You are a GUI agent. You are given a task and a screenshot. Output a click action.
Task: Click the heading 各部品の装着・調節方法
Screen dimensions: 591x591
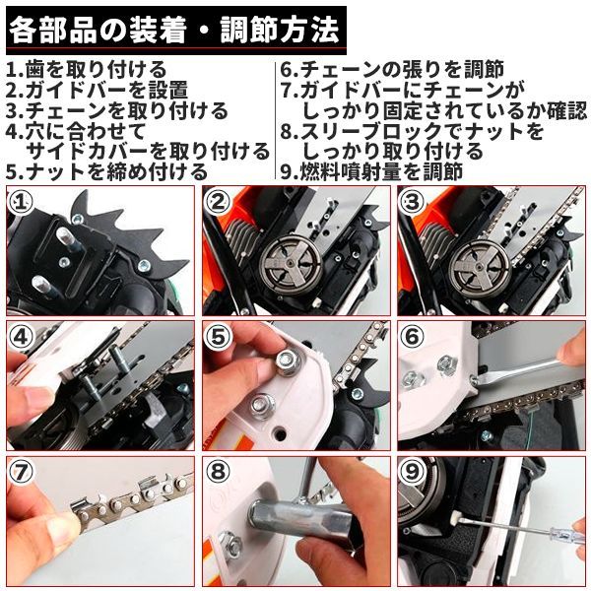pyautogui.click(x=173, y=31)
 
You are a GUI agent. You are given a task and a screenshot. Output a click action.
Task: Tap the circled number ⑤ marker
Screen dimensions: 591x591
pyautogui.click(x=217, y=337)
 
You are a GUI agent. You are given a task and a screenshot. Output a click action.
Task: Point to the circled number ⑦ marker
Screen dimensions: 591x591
pyautogui.click(x=21, y=472)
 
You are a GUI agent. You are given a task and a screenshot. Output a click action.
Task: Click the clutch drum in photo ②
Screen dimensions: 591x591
pyautogui.click(x=292, y=262)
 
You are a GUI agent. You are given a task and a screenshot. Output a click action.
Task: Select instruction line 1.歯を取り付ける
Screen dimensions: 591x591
pyautogui.click(x=87, y=70)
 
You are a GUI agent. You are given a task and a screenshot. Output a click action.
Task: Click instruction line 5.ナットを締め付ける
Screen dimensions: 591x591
pyautogui.click(x=107, y=171)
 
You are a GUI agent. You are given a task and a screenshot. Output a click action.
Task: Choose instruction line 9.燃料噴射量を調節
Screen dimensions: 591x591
pyautogui.click(x=371, y=171)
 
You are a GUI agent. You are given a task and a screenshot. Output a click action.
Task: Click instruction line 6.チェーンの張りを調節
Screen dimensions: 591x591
pyautogui.click(x=392, y=70)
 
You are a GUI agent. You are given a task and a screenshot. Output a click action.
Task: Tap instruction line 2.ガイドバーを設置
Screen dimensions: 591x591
pyautogui.click(x=98, y=91)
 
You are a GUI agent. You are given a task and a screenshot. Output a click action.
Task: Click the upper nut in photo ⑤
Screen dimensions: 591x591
pyautogui.click(x=289, y=361)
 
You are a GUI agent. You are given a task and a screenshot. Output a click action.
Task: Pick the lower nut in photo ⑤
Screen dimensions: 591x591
pyautogui.click(x=263, y=406)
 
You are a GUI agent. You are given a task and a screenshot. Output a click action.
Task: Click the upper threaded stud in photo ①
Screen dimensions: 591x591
pyautogui.click(x=66, y=239)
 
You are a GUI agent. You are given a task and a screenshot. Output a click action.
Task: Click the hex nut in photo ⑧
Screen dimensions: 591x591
pyautogui.click(x=230, y=544)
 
